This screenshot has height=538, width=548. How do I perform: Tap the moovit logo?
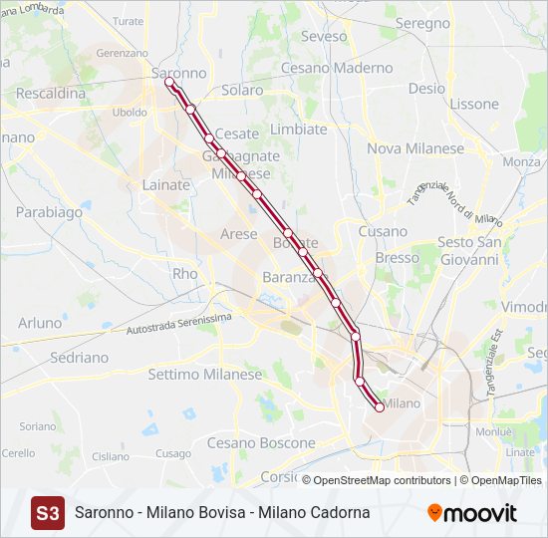pos(472,513)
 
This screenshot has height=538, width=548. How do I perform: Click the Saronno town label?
pos(179,73)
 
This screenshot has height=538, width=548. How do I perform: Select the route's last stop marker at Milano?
pos(379,406)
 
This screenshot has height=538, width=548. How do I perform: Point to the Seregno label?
pos(422,23)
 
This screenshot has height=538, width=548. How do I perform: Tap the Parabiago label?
pos(49,212)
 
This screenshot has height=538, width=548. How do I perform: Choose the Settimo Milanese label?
pos(204,375)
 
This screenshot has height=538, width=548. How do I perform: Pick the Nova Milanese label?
pos(415,148)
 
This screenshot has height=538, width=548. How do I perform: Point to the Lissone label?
pos(474,104)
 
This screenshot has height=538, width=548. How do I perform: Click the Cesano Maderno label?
pos(337,68)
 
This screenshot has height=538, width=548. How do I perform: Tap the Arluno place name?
pos(40,323)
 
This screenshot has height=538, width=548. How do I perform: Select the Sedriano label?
pos(79,357)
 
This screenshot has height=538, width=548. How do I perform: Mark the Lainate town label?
pos(165,184)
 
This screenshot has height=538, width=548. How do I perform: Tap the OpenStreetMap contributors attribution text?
pos(383,480)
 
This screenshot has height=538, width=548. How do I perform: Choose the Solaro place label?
pos(243,90)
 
